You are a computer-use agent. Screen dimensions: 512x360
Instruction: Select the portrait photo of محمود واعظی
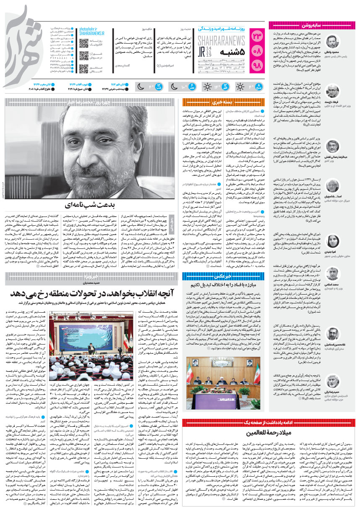(x=333, y=43)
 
